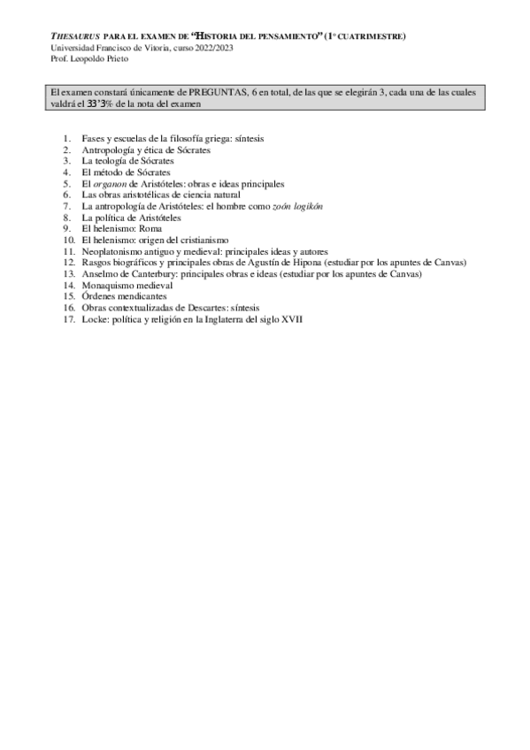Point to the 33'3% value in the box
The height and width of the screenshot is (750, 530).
point(99,104)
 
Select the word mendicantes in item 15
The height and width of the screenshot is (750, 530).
point(142,296)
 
